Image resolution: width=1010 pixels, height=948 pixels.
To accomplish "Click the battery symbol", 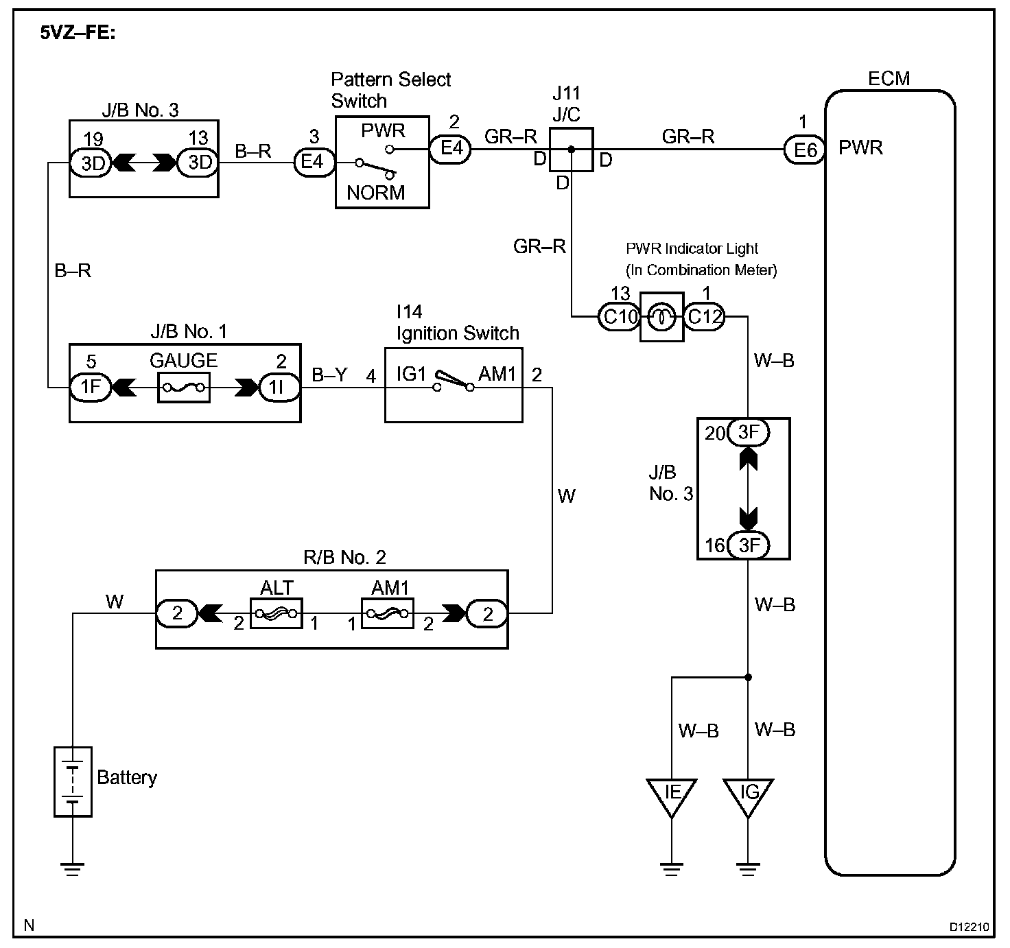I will click(73, 782).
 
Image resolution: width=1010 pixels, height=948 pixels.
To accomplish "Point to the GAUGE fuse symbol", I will click(184, 388).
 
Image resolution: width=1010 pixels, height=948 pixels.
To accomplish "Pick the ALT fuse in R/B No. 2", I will click(276, 613).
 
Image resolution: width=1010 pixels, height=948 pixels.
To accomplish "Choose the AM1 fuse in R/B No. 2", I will click(388, 613).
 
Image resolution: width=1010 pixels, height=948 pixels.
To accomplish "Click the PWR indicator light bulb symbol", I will click(662, 317).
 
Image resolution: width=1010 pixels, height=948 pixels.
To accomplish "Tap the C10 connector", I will click(618, 317).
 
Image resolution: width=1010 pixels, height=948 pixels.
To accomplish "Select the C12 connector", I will click(705, 317).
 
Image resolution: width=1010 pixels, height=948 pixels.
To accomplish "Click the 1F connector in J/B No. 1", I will click(91, 388).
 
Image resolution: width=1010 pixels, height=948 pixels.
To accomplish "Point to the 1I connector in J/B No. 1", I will click(279, 388).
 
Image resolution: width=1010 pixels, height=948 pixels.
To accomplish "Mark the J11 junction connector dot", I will click(572, 149).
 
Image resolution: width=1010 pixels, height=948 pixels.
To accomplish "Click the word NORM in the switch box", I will click(375, 193).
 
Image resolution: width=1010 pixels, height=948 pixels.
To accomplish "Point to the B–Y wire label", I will click(330, 375).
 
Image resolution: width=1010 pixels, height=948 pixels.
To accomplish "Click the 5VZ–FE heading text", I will click(78, 33).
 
